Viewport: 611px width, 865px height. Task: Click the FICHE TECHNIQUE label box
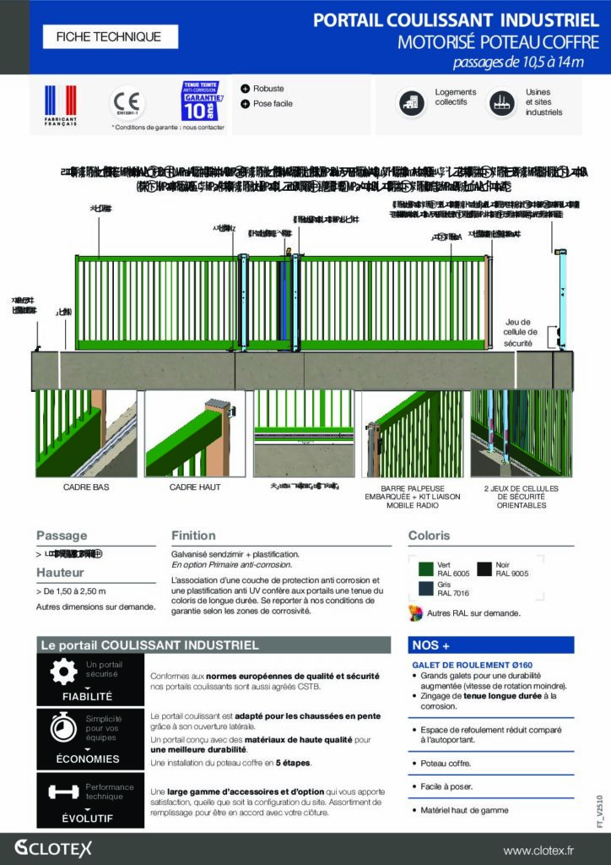click(107, 36)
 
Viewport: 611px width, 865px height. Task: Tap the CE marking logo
click(128, 103)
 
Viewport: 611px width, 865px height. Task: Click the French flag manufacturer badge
click(60, 104)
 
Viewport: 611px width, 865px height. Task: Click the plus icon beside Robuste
click(245, 89)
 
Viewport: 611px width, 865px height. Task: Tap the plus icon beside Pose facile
click(245, 104)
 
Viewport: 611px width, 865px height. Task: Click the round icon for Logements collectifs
click(412, 102)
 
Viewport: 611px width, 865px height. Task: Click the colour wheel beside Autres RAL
click(415, 612)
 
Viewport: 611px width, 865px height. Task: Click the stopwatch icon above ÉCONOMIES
click(63, 726)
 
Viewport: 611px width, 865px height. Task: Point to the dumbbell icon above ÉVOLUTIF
click(63, 792)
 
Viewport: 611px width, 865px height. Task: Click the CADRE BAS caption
click(86, 488)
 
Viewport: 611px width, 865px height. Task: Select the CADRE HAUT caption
click(195, 488)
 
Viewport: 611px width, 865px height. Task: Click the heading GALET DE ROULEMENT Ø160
click(460, 666)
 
